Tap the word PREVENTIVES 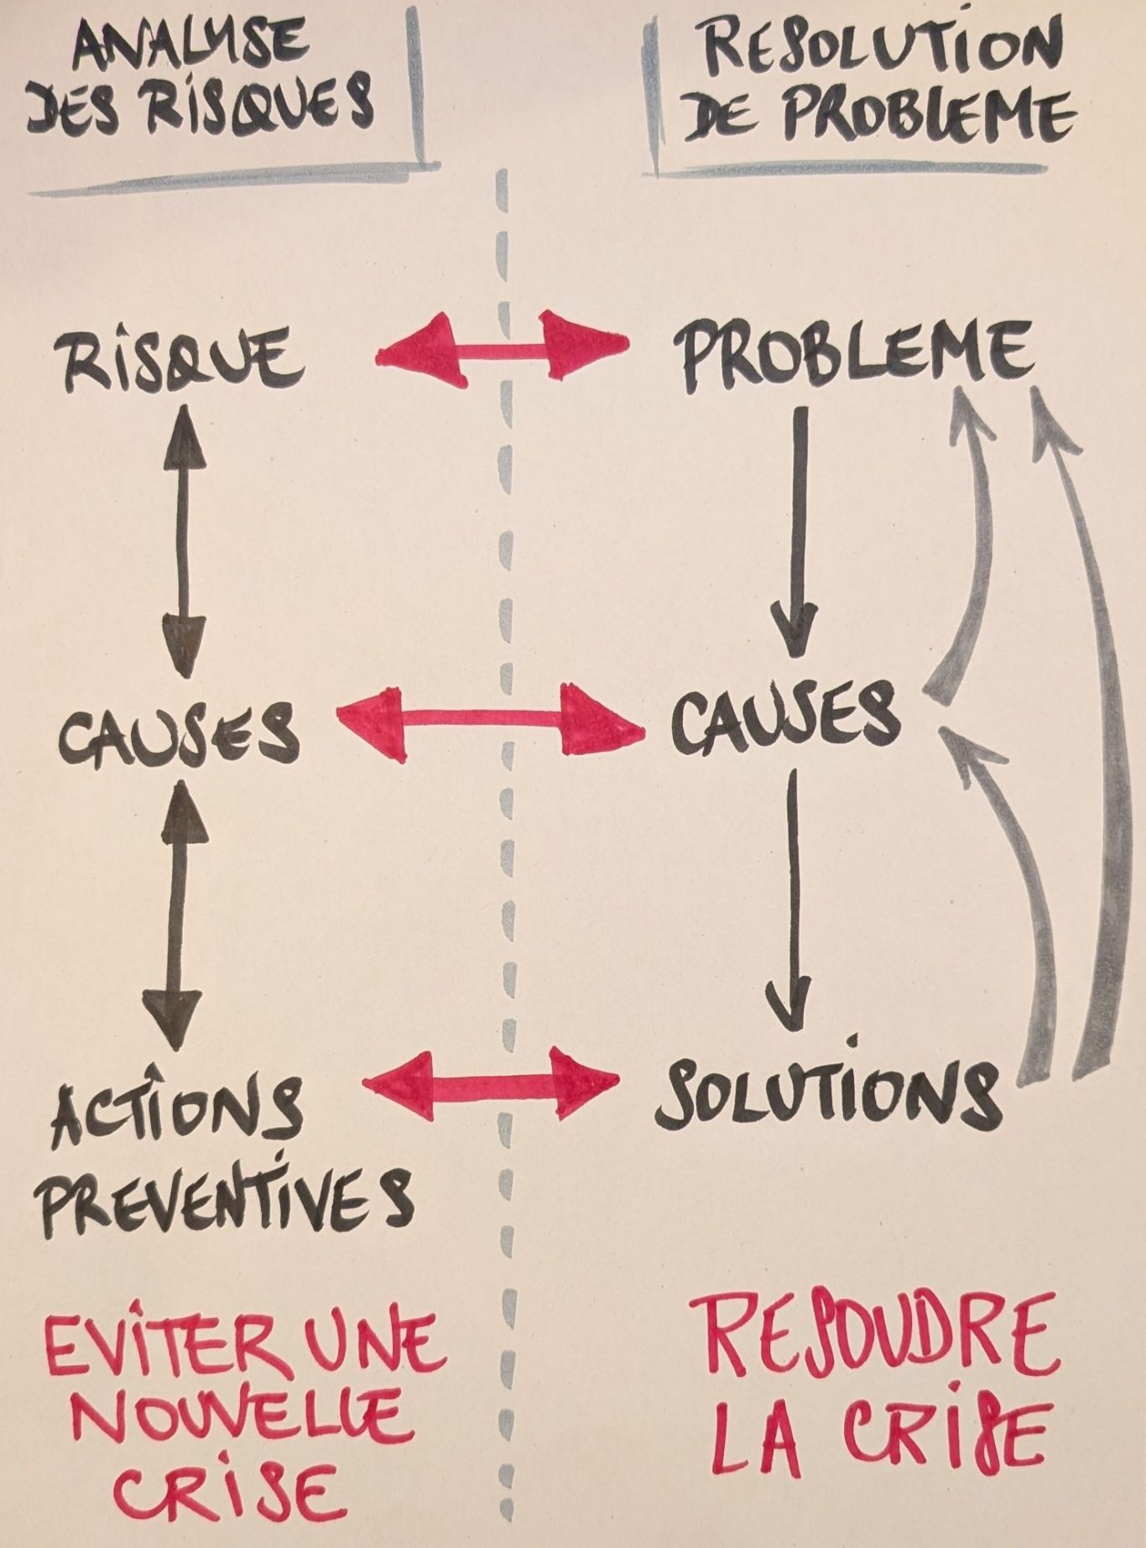[227, 1201]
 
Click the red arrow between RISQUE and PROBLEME [501, 344]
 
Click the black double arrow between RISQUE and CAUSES [183, 541]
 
